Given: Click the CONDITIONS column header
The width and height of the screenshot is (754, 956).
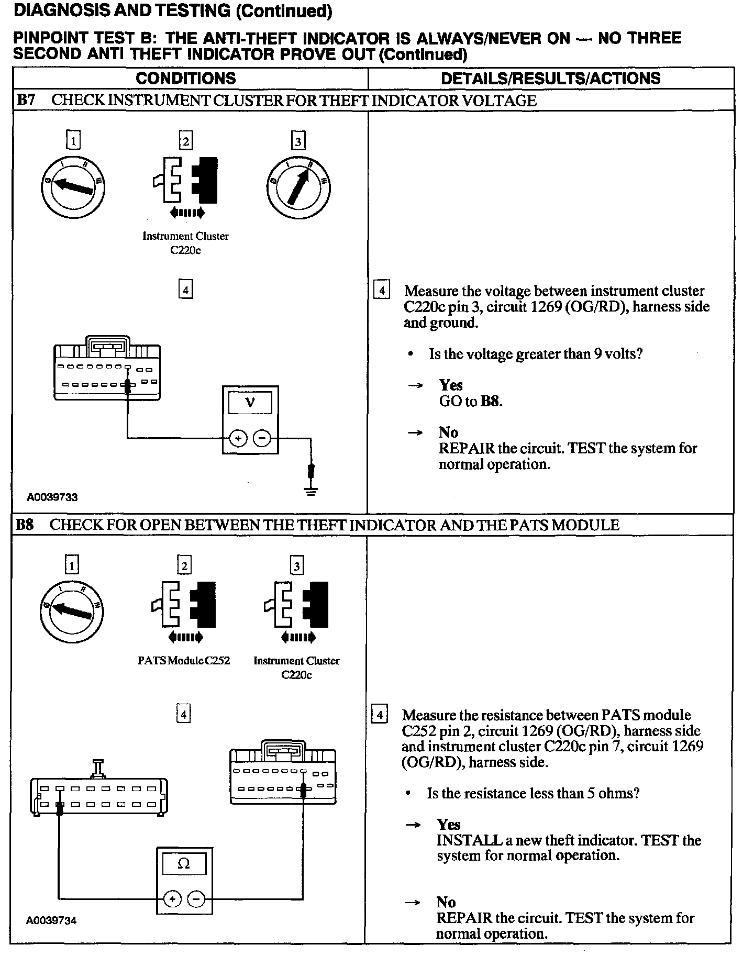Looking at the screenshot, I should [186, 79].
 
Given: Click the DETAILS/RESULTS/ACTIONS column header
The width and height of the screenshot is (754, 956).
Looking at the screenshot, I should [550, 79].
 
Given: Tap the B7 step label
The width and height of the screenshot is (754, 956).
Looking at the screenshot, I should [26, 100].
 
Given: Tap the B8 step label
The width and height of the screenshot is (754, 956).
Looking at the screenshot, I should [25, 525].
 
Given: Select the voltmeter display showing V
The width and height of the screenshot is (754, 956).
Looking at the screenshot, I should [250, 403].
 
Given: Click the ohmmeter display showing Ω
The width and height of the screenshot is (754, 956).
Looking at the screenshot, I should [184, 864].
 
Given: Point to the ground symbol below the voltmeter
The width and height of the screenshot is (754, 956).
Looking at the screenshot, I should [311, 492].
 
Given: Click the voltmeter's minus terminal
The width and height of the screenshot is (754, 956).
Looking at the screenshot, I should [262, 438].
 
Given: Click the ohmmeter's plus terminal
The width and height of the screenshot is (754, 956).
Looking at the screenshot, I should [172, 899].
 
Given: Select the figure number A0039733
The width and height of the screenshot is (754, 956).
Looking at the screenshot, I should [52, 497].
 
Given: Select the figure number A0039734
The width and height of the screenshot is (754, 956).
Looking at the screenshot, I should [51, 920].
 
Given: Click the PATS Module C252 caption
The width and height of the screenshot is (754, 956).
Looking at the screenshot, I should [184, 660].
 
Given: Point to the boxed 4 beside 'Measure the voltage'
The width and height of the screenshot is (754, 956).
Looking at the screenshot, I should [381, 291].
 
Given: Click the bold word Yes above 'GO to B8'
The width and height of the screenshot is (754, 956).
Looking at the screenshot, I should [451, 385].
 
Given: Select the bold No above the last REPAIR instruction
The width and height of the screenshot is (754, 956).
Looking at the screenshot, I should [446, 902].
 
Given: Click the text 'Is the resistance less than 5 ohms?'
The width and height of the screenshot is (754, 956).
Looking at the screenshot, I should [533, 793].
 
